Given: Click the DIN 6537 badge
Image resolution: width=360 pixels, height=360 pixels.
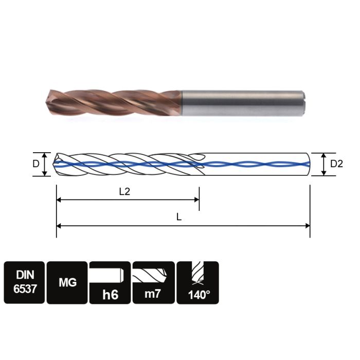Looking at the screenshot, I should (24, 282).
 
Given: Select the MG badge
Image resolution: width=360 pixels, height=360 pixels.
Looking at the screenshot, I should (67, 282).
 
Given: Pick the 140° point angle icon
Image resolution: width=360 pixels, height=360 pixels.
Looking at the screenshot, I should (198, 282).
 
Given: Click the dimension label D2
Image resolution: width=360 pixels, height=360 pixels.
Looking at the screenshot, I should (337, 164).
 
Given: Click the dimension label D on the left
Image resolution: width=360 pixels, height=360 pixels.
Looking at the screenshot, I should (35, 164).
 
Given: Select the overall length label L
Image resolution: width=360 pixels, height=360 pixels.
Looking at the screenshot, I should (179, 217).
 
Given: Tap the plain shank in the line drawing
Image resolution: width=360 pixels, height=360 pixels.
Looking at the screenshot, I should (257, 164).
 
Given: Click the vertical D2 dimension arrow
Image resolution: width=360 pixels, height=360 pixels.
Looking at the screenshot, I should (323, 164).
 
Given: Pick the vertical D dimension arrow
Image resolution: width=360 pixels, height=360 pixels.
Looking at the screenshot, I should (45, 164).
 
